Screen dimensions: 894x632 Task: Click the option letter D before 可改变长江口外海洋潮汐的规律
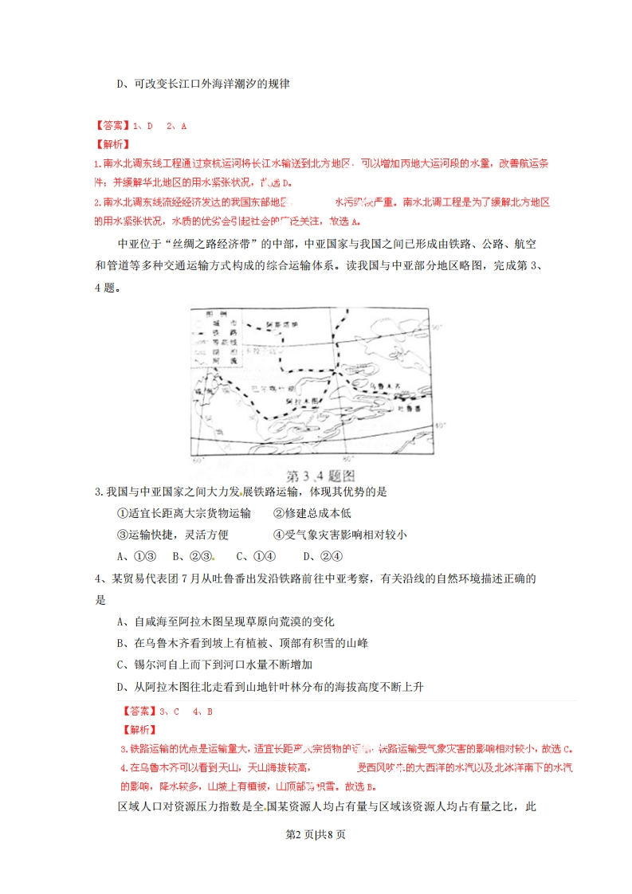point(122,84)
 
